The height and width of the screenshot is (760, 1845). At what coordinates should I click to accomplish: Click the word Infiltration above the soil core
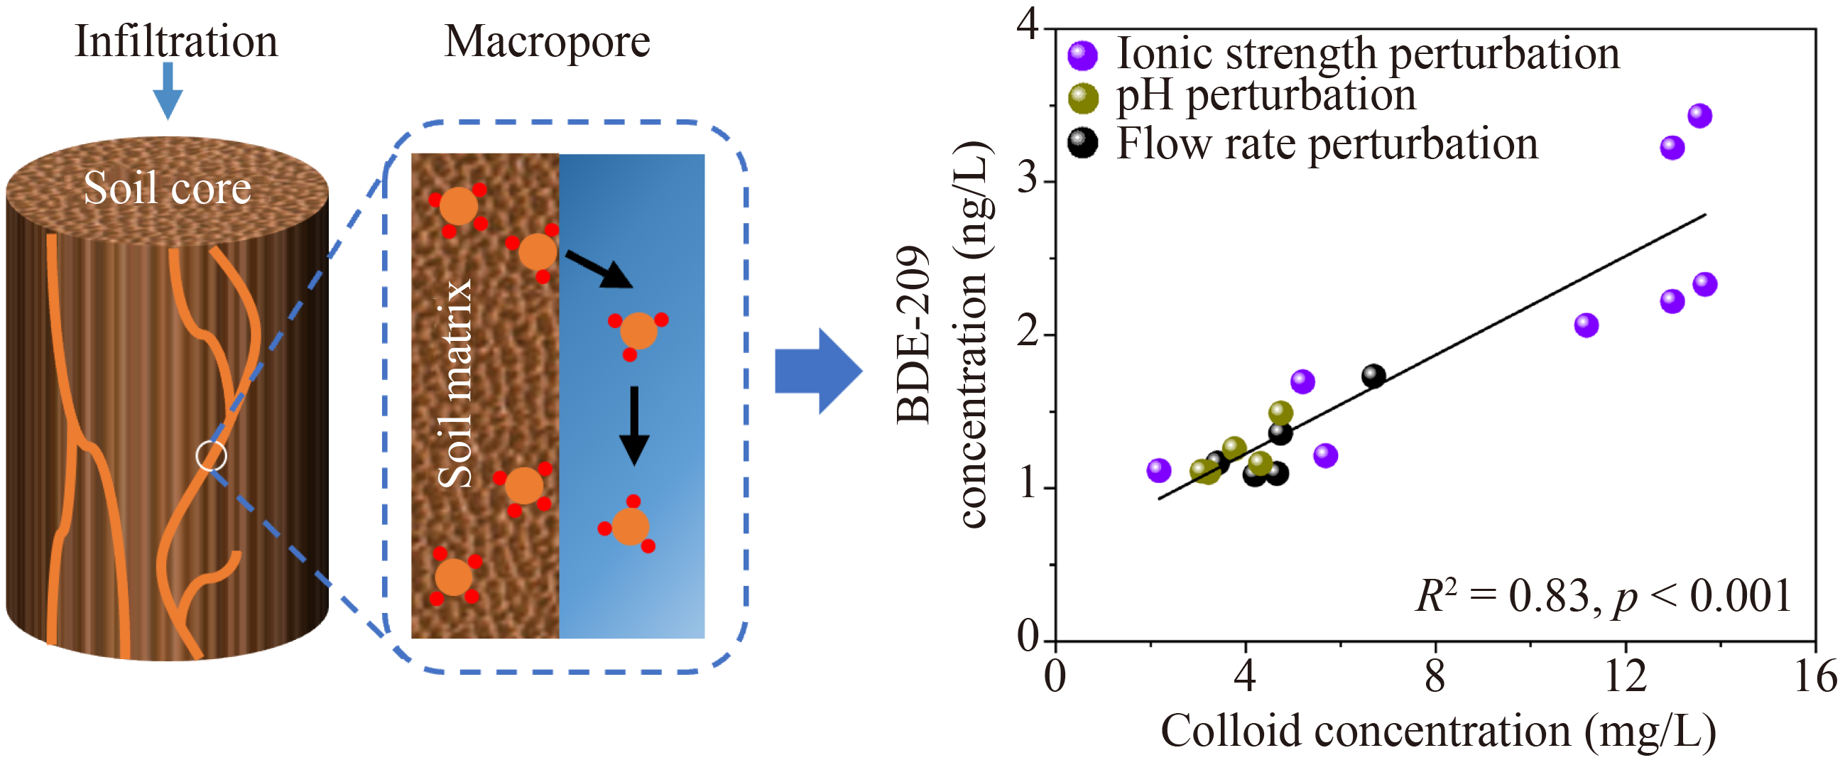click(x=176, y=40)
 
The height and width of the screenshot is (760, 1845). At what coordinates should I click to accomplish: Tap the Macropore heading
click(x=548, y=40)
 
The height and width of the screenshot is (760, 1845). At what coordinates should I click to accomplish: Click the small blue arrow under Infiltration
click(x=168, y=90)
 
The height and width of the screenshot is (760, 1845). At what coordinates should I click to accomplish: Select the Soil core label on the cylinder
click(x=168, y=188)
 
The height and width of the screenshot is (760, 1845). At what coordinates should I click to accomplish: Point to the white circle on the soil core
click(x=212, y=455)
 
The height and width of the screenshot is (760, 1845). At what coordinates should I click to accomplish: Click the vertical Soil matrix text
click(x=455, y=384)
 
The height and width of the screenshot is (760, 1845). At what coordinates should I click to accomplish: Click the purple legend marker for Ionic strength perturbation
click(x=1082, y=55)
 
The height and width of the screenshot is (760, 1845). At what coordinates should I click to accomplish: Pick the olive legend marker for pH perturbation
click(x=1082, y=98)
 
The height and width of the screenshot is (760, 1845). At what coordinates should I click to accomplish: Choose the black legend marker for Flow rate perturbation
click(x=1082, y=143)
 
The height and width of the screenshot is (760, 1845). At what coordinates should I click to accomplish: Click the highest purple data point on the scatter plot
click(x=1699, y=115)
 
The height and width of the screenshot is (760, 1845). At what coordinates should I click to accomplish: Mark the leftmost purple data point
click(x=1158, y=470)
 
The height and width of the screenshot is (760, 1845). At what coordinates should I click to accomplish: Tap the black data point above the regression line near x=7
click(x=1373, y=375)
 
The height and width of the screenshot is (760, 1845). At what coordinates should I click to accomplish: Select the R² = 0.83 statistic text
click(x=1603, y=596)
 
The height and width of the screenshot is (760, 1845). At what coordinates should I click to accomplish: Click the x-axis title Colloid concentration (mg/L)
click(x=1438, y=732)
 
